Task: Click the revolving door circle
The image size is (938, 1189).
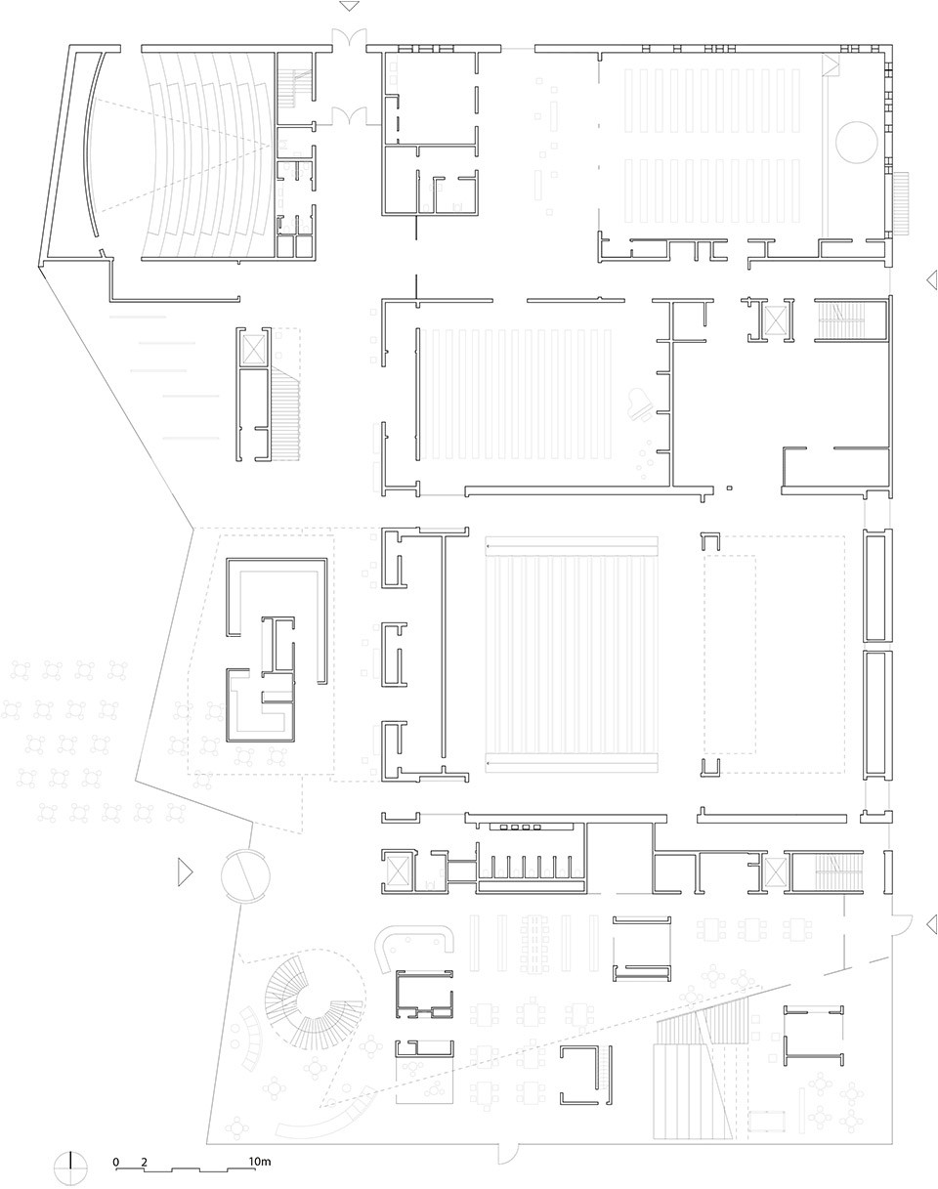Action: [245, 875]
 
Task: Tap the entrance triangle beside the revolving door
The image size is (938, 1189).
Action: [185, 872]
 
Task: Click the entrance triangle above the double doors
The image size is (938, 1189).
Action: [350, 6]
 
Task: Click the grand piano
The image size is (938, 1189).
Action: [641, 403]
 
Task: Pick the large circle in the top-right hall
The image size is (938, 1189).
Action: [856, 142]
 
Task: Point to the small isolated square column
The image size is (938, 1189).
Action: [730, 488]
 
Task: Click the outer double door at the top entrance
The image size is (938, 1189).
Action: [349, 40]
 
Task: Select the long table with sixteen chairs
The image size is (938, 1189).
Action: [535, 943]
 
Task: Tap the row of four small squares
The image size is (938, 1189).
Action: [521, 828]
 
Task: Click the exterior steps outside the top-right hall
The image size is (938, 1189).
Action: [901, 204]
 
